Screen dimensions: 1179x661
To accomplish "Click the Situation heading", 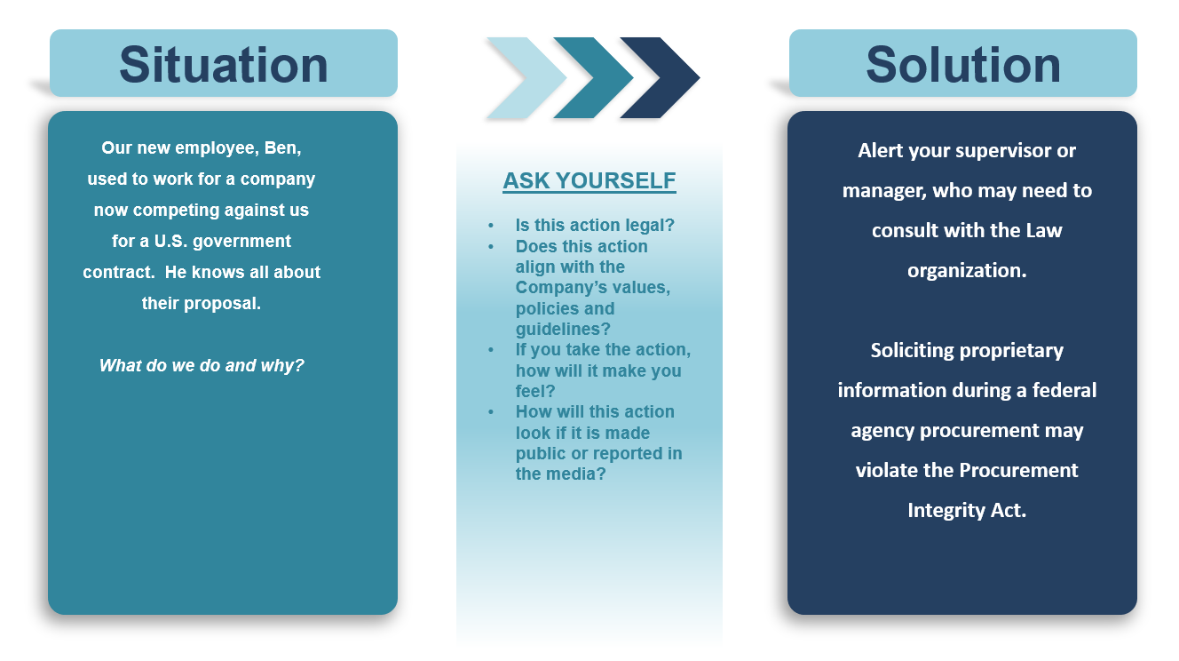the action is click(224, 66).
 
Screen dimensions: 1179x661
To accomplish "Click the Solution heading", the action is click(963, 66).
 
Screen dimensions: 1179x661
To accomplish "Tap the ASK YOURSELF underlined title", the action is click(589, 180).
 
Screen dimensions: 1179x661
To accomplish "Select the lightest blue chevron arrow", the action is click(526, 78).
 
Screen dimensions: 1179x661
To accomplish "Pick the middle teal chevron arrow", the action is click(593, 78).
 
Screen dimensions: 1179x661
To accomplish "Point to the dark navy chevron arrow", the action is click(660, 78).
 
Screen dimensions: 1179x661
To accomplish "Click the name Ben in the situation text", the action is click(282, 148).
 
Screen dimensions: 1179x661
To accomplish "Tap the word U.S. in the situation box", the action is click(170, 242).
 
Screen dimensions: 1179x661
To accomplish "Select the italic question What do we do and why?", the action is click(202, 365).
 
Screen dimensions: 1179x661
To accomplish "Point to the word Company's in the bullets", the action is click(593, 288).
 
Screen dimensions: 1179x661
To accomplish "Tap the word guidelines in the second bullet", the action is click(563, 330).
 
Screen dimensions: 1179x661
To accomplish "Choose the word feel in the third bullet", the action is click(534, 391).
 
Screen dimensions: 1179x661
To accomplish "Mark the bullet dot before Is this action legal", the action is click(491, 226).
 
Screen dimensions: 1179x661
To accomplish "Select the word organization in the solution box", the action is click(967, 271).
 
